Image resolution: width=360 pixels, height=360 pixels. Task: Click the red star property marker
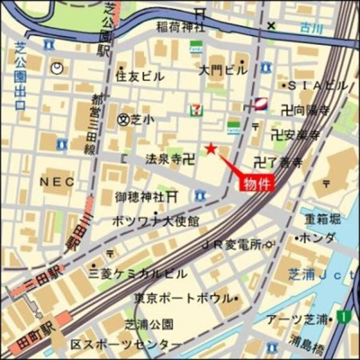(211, 148)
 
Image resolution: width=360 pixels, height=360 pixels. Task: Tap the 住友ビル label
(139, 76)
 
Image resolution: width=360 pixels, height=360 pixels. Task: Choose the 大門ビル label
(221, 69)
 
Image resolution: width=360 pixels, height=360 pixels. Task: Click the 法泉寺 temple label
(164, 158)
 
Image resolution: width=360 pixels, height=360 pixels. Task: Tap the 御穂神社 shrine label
(139, 196)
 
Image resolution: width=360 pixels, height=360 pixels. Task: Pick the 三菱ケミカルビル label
(138, 272)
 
